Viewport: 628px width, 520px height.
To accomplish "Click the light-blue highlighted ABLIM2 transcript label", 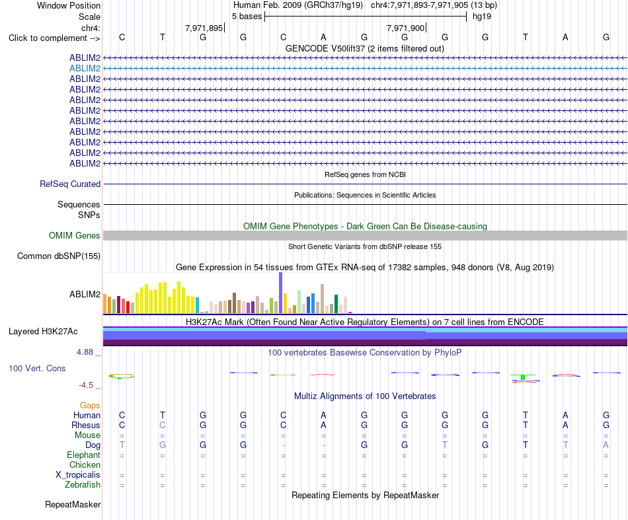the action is pyautogui.click(x=85, y=69).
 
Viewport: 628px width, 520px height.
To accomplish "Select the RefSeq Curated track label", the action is pyautogui.click(x=70, y=184).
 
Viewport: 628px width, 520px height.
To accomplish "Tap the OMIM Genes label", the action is pyautogui.click(x=75, y=235).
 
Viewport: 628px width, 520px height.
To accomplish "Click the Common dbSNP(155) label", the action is pyautogui.click(x=59, y=256).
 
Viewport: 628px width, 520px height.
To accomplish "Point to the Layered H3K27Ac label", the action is pyautogui.click(x=43, y=332).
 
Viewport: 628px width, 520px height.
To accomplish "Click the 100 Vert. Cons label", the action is pyautogui.click(x=37, y=368).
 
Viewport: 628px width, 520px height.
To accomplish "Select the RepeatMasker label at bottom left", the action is pyautogui.click(x=73, y=504).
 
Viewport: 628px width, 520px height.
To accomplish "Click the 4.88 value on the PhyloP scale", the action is pyautogui.click(x=85, y=352).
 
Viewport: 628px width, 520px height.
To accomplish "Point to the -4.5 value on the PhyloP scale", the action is pyautogui.click(x=86, y=385).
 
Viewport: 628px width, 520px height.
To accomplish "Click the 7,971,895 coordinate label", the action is pyautogui.click(x=204, y=28).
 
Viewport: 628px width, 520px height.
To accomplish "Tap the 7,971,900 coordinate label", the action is pyautogui.click(x=405, y=28).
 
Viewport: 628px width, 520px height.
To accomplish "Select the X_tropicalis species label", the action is pyautogui.click(x=78, y=475).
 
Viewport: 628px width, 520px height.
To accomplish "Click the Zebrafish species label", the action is pyautogui.click(x=83, y=485).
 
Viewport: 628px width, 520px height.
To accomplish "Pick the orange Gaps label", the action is pyautogui.click(x=90, y=406).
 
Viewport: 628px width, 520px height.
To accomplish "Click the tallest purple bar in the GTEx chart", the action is pyautogui.click(x=281, y=293).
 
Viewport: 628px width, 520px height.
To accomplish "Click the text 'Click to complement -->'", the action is pyautogui.click(x=54, y=38).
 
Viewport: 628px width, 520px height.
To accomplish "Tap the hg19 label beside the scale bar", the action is pyautogui.click(x=482, y=17).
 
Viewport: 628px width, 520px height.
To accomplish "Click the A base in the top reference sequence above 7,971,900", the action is pyautogui.click(x=324, y=37).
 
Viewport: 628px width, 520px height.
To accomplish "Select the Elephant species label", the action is pyautogui.click(x=84, y=455).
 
